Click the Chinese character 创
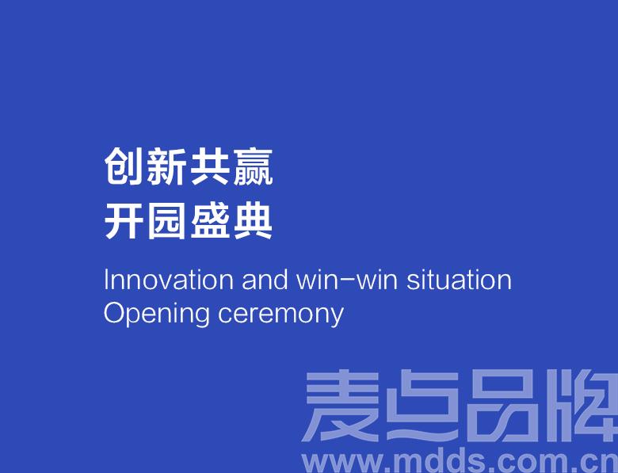(123, 166)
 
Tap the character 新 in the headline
(166, 166)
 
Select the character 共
(209, 166)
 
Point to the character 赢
(253, 167)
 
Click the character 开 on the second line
(123, 221)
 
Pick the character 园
(166, 221)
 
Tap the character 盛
(209, 221)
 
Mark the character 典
(253, 221)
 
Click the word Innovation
(169, 280)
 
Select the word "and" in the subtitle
(265, 280)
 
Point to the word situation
(459, 280)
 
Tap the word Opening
(156, 315)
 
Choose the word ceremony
(281, 315)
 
